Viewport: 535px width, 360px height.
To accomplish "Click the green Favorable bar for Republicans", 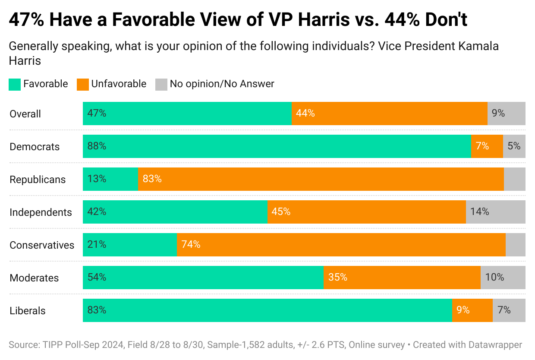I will pyautogui.click(x=110, y=179).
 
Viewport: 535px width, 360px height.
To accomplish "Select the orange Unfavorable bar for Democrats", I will pyautogui.click(x=487, y=146).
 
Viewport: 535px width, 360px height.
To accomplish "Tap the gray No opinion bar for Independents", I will pyautogui.click(x=495, y=212).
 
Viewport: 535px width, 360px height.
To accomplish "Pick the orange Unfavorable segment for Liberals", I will pyautogui.click(x=472, y=310).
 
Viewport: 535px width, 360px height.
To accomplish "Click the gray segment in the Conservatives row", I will pyautogui.click(x=515, y=245).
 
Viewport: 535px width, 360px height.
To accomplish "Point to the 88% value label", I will pyautogui.click(x=97, y=146).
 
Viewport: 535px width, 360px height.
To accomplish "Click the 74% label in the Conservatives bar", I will pyautogui.click(x=191, y=244).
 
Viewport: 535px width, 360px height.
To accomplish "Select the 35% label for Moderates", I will pyautogui.click(x=337, y=277).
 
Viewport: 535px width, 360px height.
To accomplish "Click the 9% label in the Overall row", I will pyautogui.click(x=498, y=114).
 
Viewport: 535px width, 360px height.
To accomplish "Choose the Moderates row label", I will pyautogui.click(x=34, y=278).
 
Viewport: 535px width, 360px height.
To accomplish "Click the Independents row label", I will pyautogui.click(x=41, y=212).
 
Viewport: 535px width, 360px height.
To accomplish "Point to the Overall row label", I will pyautogui.click(x=25, y=114).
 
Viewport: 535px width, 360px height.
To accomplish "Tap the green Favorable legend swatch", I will pyautogui.click(x=15, y=84).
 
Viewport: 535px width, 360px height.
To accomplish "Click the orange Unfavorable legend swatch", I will pyautogui.click(x=82, y=84).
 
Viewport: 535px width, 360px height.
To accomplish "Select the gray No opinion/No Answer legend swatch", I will pyautogui.click(x=161, y=84).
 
